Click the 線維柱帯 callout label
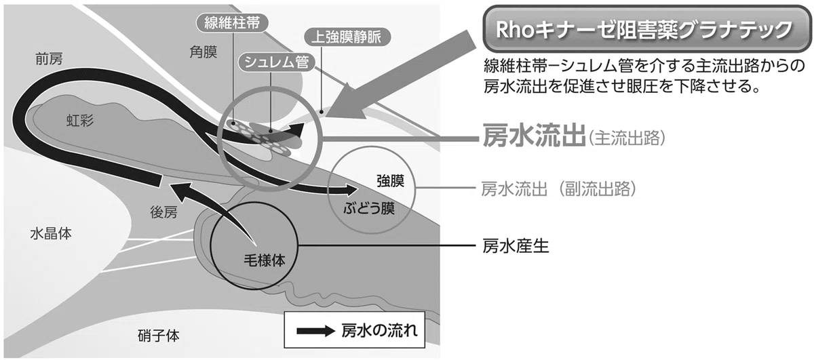pyautogui.click(x=232, y=23)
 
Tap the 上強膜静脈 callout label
pyautogui.click(x=347, y=37)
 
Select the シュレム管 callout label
pyautogui.click(x=277, y=62)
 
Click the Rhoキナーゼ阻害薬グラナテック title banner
pyautogui.click(x=644, y=29)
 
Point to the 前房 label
pyautogui.click(x=49, y=59)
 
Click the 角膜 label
pyautogui.click(x=203, y=52)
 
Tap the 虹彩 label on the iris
pyautogui.click(x=80, y=120)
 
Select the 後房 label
pyautogui.click(x=164, y=212)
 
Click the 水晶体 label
pyautogui.click(x=51, y=234)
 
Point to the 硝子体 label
pyautogui.click(x=159, y=336)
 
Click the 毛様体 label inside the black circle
pyautogui.click(x=264, y=260)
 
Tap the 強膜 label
pyautogui.click(x=390, y=181)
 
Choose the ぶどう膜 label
pyautogui.click(x=369, y=209)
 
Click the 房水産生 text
pyautogui.click(x=516, y=246)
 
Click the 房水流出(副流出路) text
pyautogui.click(x=559, y=189)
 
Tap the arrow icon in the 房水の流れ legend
pyautogui.click(x=315, y=331)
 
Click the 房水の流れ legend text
pyautogui.click(x=379, y=331)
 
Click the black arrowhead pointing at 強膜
pyautogui.click(x=351, y=190)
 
